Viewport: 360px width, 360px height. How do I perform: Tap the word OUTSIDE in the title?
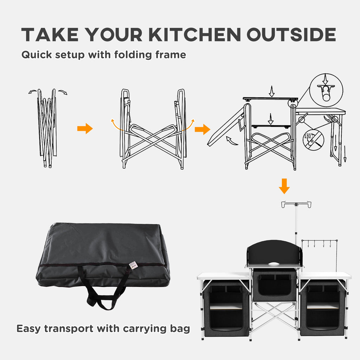(291, 35)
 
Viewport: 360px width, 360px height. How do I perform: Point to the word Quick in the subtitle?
(36, 55)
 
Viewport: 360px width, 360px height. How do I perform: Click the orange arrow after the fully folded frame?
(85, 129)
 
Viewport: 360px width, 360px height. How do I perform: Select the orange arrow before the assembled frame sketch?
(202, 129)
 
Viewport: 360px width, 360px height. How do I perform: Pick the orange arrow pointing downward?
(284, 186)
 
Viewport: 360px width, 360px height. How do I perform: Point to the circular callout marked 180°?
(313, 140)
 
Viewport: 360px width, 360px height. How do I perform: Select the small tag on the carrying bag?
(133, 264)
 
